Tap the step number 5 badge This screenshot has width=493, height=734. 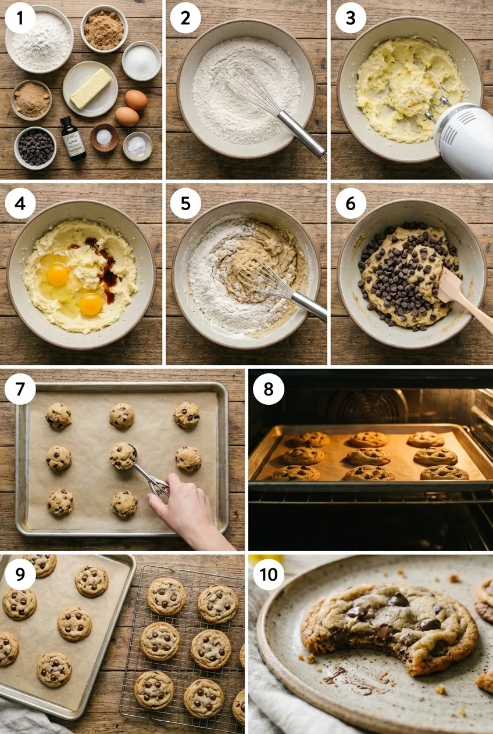click(185, 204)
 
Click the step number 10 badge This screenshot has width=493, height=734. click(269, 574)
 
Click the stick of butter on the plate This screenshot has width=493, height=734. click(90, 88)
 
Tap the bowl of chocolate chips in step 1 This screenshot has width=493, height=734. click(35, 147)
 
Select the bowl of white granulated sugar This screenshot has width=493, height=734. click(141, 60)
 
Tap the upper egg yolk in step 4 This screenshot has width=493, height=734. click(58, 274)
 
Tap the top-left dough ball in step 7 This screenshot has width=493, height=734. click(59, 416)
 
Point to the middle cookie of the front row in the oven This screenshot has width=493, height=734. click(369, 473)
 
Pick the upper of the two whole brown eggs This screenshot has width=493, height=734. click(136, 99)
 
